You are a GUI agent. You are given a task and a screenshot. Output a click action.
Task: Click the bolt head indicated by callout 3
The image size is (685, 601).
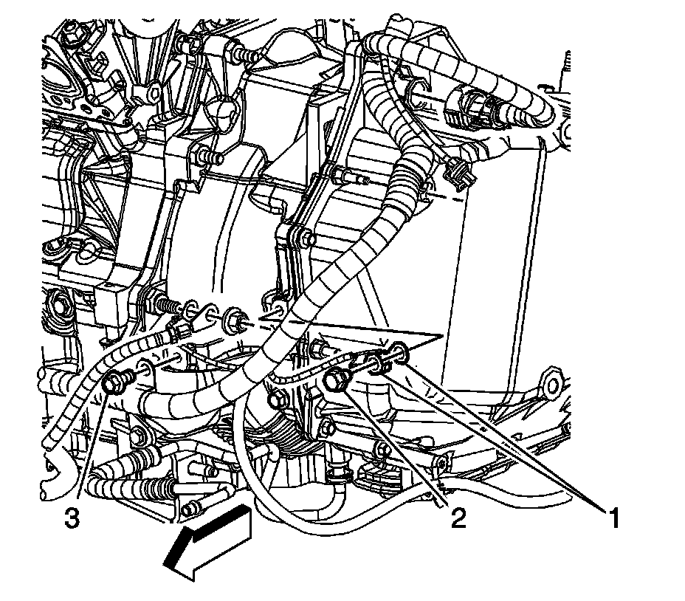(x=113, y=383)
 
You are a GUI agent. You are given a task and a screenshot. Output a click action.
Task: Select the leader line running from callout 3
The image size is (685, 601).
(x=92, y=450)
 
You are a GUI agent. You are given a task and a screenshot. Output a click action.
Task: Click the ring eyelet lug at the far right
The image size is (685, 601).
(x=550, y=384)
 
